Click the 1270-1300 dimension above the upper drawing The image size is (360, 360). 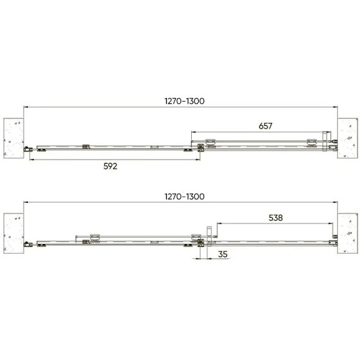184,101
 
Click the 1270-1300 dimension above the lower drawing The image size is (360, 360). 184,197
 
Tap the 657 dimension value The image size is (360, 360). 266,126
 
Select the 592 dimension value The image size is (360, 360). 110,166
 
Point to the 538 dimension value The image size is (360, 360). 276,218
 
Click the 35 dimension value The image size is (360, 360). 223,254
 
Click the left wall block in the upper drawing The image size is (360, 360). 14,138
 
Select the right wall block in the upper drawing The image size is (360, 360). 348,138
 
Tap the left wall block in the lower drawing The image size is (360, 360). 14,233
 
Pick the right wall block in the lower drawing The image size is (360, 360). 348,233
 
